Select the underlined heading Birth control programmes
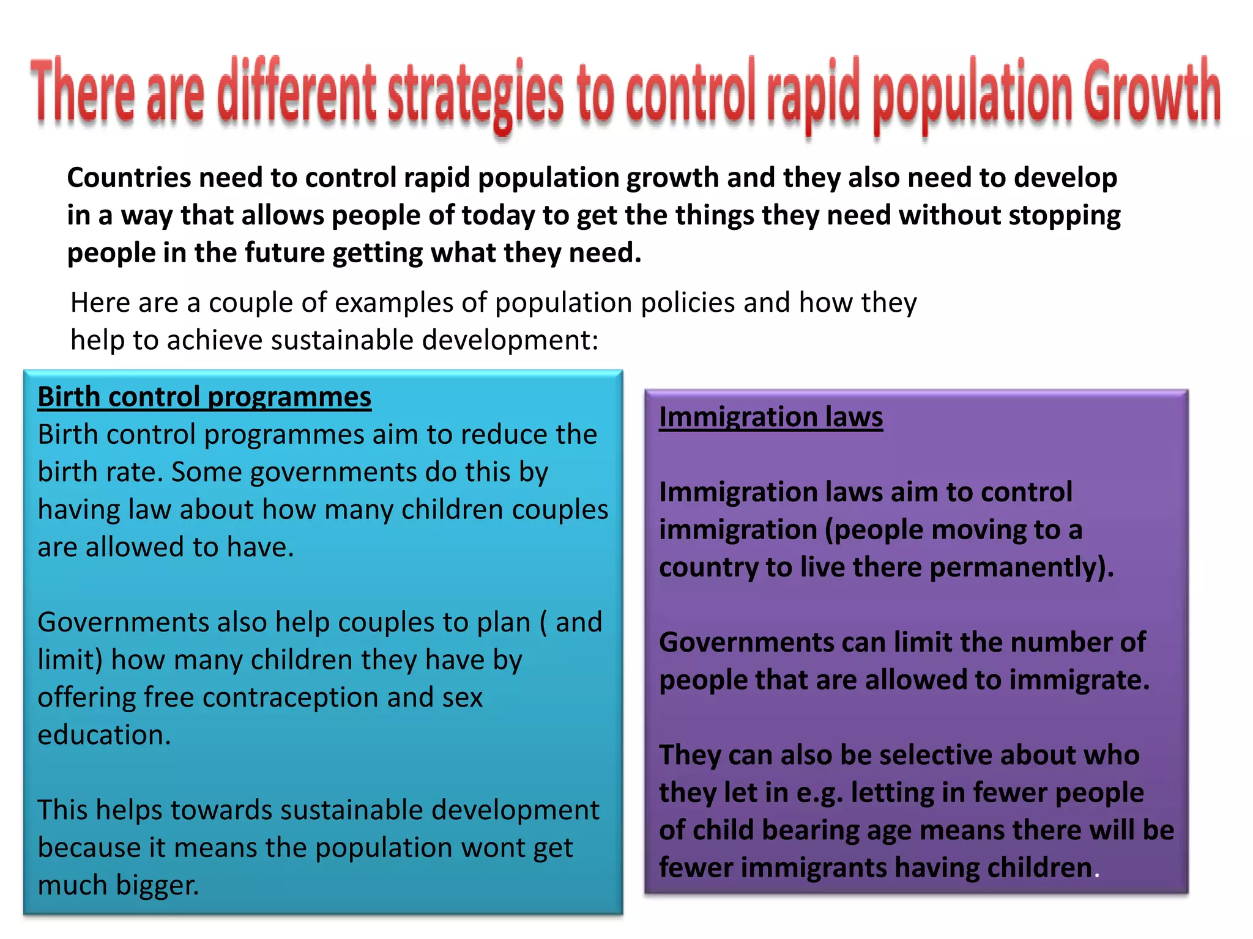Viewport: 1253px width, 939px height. click(204, 397)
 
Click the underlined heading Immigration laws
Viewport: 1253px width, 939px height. click(771, 417)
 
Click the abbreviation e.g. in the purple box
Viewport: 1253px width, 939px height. click(819, 794)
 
